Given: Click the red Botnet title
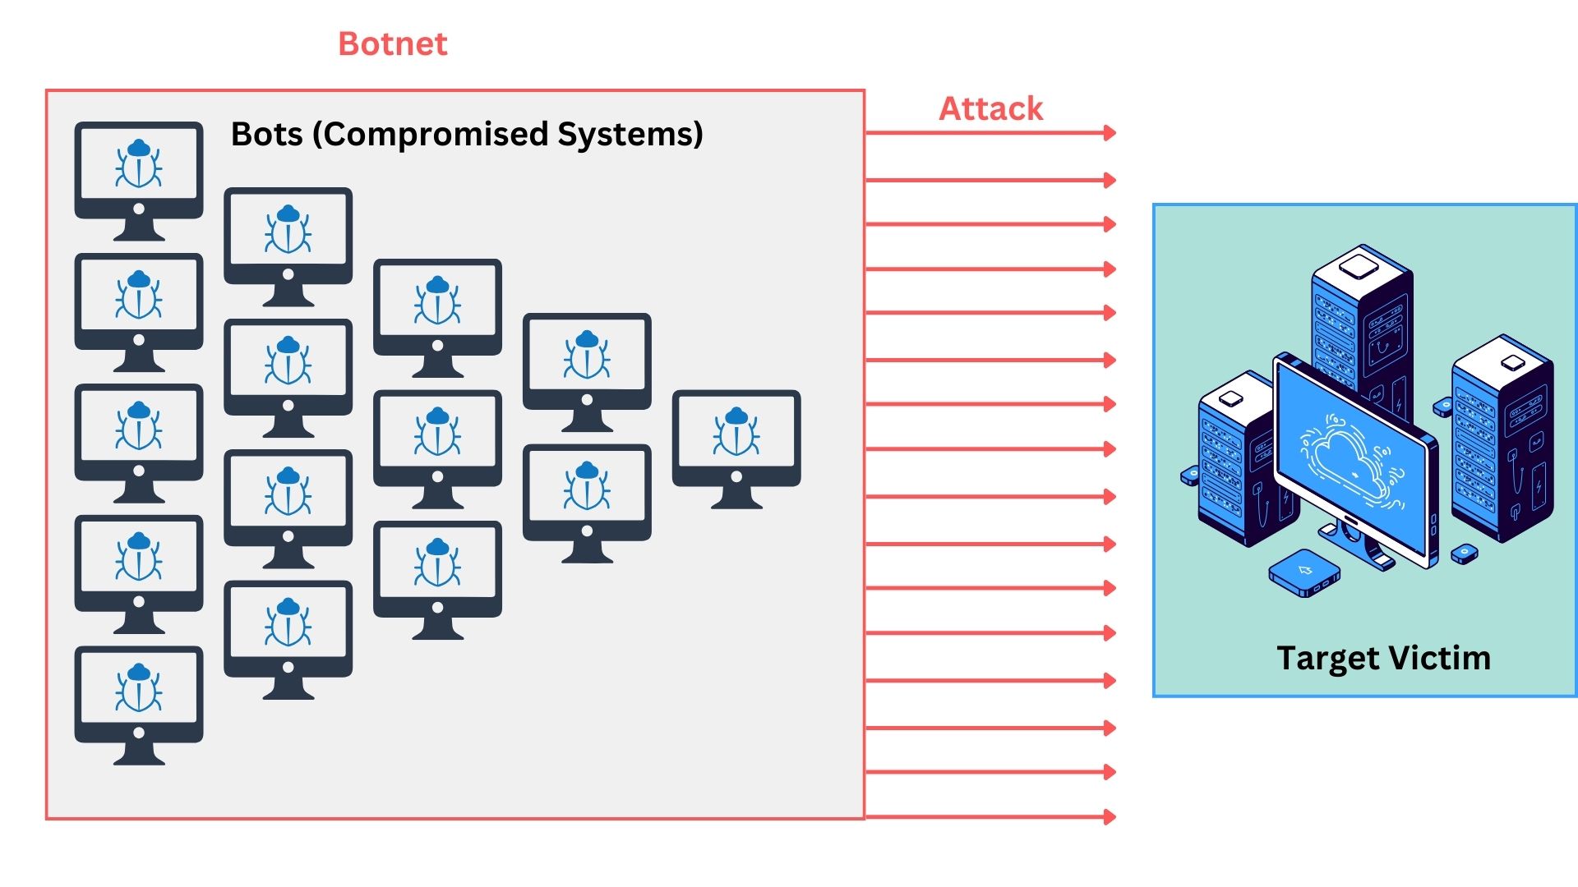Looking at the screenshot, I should pyautogui.click(x=393, y=44).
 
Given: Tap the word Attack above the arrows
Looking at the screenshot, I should pyautogui.click(x=990, y=108).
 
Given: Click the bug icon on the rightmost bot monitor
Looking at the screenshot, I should pyautogui.click(x=736, y=432).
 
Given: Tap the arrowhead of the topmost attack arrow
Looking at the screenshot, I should pyautogui.click(x=1110, y=133).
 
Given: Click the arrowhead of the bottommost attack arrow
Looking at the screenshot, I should pyautogui.click(x=1110, y=816).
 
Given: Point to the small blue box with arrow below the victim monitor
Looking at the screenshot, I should pyautogui.click(x=1304, y=572).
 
